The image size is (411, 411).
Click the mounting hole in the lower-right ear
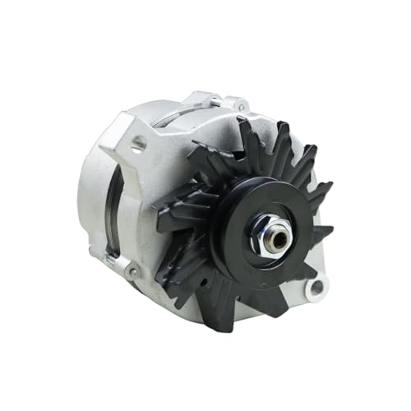coord(315,286)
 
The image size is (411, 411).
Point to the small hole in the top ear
coord(242,105)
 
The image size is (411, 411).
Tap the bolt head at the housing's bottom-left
coord(132,270)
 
